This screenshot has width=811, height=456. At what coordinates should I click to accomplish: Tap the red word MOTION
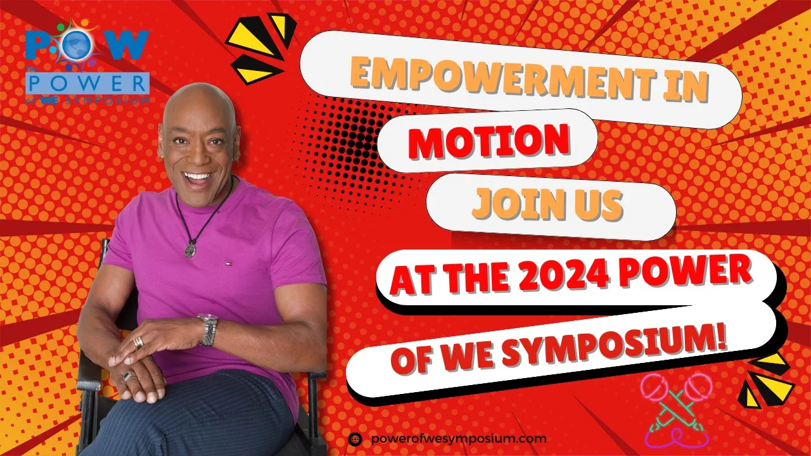click(489, 141)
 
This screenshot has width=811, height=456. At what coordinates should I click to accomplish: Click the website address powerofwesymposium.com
click(459, 439)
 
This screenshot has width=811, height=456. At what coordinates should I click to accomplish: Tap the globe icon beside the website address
click(355, 440)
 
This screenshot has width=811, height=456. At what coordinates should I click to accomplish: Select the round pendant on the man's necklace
click(190, 250)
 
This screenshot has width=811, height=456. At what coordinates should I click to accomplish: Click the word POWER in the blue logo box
click(87, 83)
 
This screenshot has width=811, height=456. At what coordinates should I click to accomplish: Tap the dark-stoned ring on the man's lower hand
click(128, 376)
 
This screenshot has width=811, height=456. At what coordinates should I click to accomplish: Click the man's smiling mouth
click(197, 179)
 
